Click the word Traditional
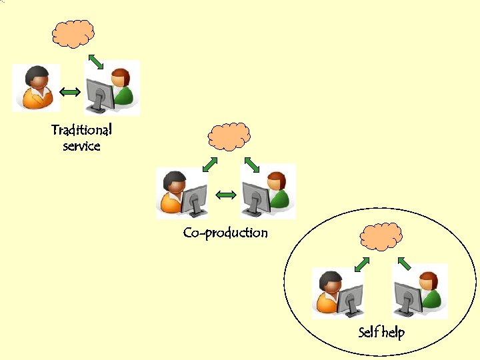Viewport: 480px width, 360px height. [x=81, y=129]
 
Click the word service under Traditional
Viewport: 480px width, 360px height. [x=81, y=146]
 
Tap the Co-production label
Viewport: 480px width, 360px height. [x=225, y=233]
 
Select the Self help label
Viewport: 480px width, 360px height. [x=381, y=332]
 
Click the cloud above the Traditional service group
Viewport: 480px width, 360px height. [x=73, y=33]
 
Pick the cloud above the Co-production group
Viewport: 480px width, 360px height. [x=229, y=137]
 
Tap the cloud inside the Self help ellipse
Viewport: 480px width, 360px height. [x=381, y=236]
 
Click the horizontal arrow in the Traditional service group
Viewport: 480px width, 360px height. [x=71, y=90]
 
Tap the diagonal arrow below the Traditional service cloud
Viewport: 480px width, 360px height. [x=96, y=62]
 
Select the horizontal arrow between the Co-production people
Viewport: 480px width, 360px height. [x=226, y=195]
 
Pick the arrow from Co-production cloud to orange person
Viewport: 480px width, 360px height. [x=210, y=164]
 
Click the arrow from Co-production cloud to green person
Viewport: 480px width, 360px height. [x=251, y=164]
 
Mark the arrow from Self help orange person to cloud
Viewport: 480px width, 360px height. [x=361, y=264]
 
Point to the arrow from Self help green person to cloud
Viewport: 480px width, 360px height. [x=402, y=264]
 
